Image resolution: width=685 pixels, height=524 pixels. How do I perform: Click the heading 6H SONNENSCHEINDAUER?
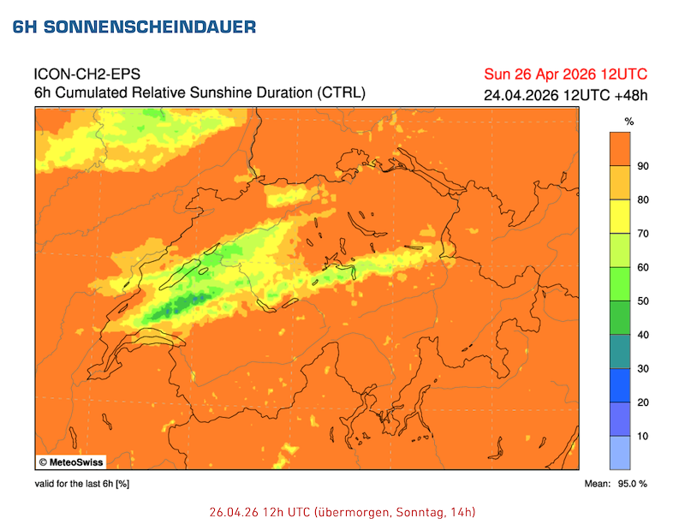(x=134, y=27)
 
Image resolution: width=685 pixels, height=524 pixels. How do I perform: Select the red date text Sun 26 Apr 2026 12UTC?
(x=565, y=73)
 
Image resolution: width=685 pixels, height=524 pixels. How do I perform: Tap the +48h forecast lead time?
(x=629, y=94)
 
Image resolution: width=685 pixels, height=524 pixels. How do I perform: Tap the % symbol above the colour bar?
(x=628, y=122)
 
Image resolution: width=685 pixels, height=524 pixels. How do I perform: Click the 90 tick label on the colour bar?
(x=643, y=166)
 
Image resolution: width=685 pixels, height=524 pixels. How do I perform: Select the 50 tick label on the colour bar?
(x=643, y=301)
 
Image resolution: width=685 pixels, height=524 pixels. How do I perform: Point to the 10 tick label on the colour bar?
(x=643, y=437)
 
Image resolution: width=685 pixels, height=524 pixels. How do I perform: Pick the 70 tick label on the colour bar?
(x=643, y=234)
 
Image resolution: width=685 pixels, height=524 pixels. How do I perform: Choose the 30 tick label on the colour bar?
(x=643, y=369)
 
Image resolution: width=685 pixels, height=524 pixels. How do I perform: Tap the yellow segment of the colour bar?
(x=621, y=217)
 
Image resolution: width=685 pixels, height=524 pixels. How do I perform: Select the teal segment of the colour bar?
(x=621, y=351)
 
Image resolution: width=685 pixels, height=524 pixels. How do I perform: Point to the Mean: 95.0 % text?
(x=616, y=485)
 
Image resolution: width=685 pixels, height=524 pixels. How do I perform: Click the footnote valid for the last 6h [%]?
(x=82, y=485)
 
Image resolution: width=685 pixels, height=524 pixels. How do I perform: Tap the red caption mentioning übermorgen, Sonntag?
(x=342, y=512)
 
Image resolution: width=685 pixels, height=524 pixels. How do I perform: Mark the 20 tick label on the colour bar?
(x=643, y=402)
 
